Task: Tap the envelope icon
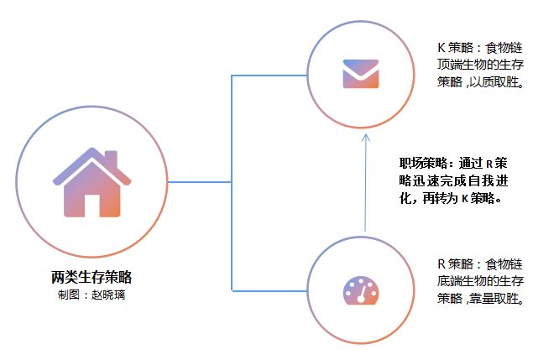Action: (361, 73)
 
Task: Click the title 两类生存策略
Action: (91, 277)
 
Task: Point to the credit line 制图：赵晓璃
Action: (91, 295)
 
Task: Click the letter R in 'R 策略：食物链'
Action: (442, 263)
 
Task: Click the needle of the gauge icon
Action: (363, 293)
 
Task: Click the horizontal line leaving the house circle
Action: (200, 181)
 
